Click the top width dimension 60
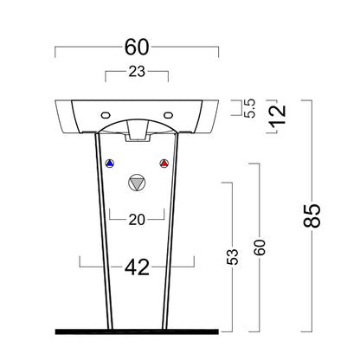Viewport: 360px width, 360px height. [137, 48]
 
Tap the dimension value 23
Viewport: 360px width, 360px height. [137, 72]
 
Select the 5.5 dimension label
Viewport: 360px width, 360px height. [249, 108]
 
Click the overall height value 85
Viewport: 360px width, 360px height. [312, 215]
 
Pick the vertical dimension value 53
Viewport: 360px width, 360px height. [233, 257]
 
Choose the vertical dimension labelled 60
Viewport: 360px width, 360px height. [260, 247]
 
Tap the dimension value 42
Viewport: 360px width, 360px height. [137, 267]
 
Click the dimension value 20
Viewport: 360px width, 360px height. [137, 220]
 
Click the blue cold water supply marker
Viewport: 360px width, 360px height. [110, 164]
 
